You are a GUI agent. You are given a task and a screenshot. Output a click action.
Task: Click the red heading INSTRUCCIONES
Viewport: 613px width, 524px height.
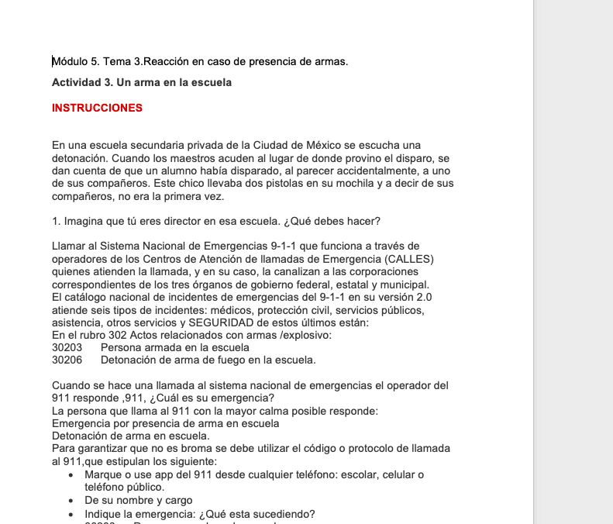coord(97,109)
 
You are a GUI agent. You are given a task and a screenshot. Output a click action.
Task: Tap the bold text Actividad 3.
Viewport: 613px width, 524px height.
coord(82,82)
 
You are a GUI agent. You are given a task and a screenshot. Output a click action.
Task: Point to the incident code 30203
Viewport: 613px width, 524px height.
coord(67,348)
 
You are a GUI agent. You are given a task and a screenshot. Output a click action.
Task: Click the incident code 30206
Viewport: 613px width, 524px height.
coord(67,360)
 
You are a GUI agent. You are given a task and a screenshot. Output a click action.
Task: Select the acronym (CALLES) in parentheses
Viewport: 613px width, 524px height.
coord(409,259)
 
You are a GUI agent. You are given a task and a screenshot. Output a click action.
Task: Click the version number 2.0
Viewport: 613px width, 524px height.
coord(424,297)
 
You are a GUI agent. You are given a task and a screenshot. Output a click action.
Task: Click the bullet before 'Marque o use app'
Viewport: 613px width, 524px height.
coord(71,474)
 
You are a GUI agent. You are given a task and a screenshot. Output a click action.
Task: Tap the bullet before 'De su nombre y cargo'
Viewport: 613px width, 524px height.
coord(71,501)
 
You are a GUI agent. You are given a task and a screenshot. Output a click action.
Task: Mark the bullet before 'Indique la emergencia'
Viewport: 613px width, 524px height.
coord(71,514)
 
